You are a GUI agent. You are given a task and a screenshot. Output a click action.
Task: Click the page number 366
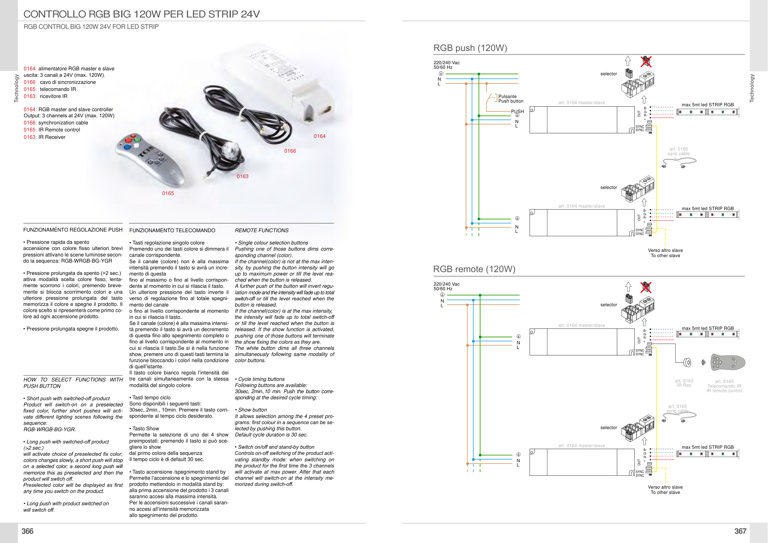(x=27, y=531)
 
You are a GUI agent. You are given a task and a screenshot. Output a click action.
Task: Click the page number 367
(x=740, y=531)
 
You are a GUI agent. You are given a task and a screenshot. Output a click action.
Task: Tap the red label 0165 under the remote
(x=168, y=193)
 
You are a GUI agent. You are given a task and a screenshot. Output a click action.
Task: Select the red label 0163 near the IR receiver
(x=242, y=177)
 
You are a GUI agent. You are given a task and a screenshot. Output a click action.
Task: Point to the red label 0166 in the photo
(x=290, y=151)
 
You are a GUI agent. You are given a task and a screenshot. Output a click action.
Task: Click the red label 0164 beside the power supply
(x=319, y=136)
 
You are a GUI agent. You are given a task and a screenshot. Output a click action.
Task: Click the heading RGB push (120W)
(x=470, y=48)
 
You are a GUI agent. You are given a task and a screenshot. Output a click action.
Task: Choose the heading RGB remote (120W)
(x=474, y=269)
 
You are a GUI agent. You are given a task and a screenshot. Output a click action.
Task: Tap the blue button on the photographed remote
(x=127, y=147)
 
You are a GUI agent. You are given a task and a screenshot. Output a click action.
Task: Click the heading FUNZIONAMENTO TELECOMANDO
(x=172, y=230)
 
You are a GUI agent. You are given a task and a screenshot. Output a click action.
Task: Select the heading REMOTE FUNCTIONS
(x=261, y=230)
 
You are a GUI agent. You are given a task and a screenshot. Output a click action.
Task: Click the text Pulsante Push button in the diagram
(x=511, y=99)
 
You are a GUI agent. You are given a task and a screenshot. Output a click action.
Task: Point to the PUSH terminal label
(x=517, y=111)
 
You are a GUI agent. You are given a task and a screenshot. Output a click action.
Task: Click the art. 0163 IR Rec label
(x=684, y=383)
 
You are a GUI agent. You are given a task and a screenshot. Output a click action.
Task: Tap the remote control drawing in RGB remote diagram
(x=727, y=362)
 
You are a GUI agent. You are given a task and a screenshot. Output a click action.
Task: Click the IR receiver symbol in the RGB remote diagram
(x=687, y=362)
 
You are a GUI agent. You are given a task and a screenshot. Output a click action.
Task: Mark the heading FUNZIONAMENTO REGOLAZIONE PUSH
(x=73, y=230)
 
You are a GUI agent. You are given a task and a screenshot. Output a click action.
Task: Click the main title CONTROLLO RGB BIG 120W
(x=142, y=14)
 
